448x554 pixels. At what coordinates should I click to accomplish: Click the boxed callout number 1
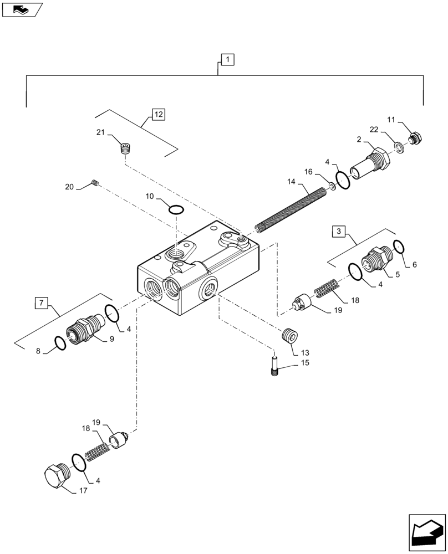point(228,59)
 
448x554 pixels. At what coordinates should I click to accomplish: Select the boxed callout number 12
point(159,115)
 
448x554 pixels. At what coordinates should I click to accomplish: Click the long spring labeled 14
point(291,208)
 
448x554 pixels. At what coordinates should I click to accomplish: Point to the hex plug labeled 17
point(56,474)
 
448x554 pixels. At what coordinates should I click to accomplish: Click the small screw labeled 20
point(95,183)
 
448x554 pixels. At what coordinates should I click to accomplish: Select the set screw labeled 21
point(127,148)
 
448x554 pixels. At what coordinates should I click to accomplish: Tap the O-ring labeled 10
point(176,210)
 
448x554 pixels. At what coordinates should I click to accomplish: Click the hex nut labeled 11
point(414,138)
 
